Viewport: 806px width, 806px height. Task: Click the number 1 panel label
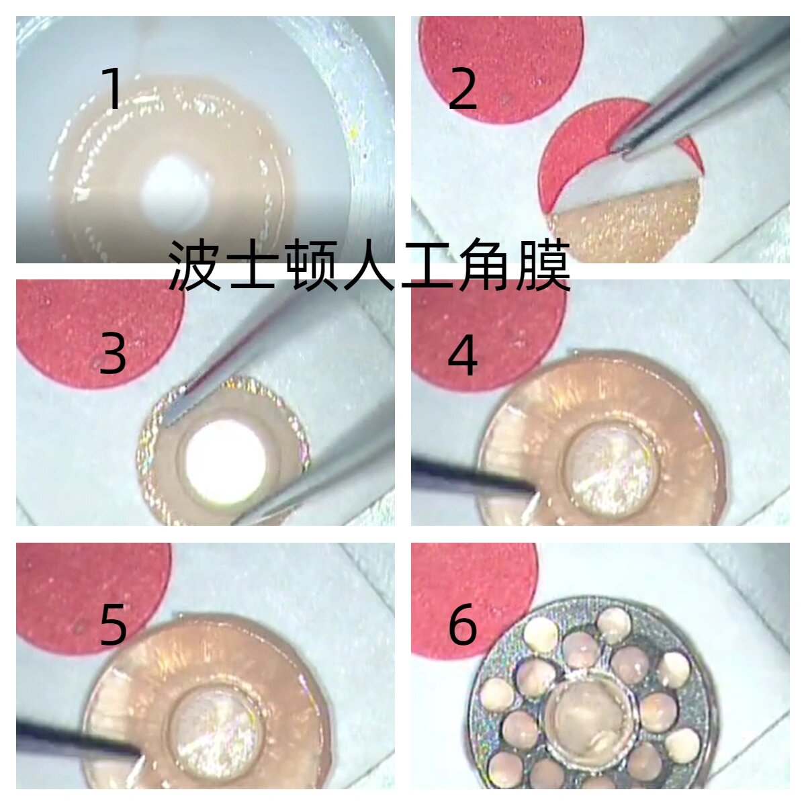[x=114, y=89]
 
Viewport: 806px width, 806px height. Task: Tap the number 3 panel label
[x=113, y=354]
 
